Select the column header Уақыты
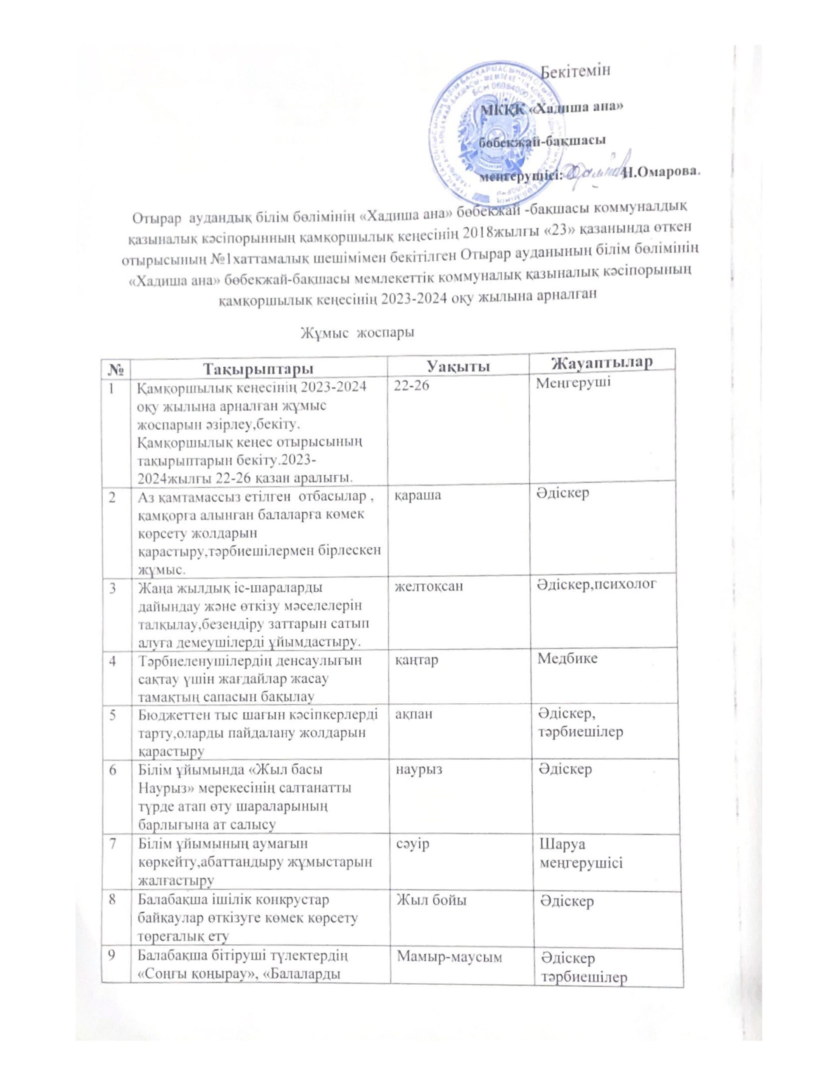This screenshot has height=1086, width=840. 457,367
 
